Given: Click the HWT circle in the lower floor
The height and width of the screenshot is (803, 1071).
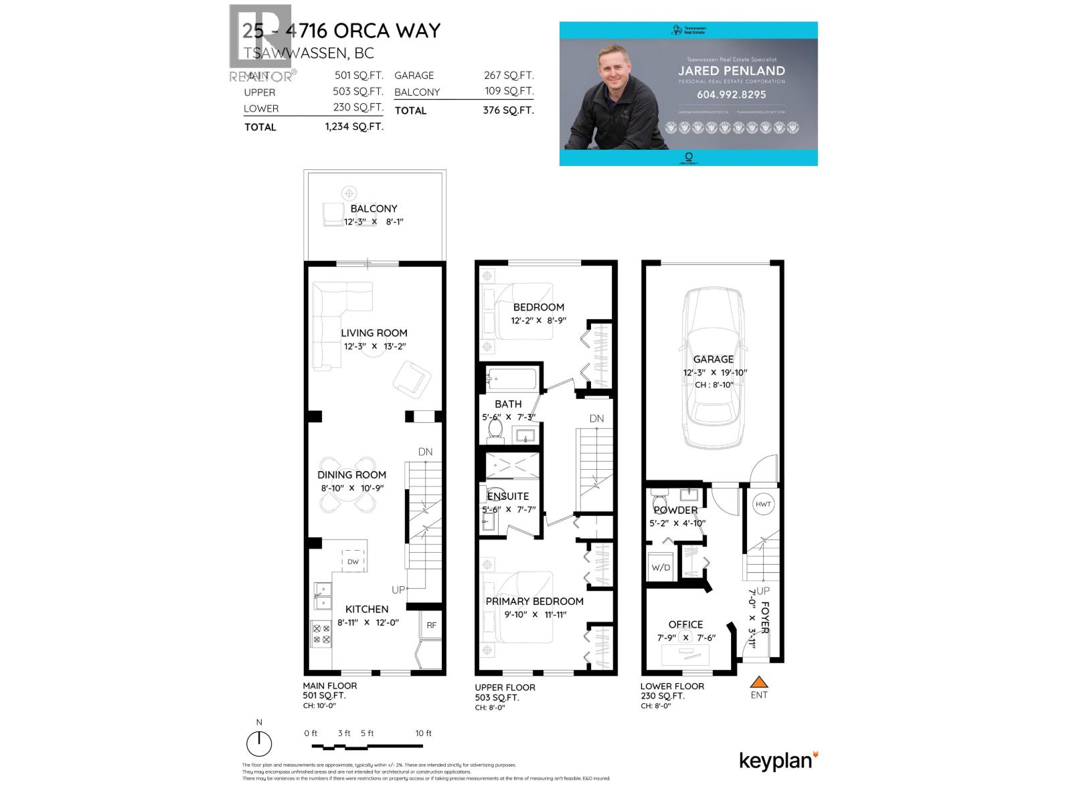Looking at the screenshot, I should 763,504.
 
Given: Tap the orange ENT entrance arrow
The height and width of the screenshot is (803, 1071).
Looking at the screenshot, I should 758,683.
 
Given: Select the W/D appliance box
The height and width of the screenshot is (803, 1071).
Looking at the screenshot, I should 661,567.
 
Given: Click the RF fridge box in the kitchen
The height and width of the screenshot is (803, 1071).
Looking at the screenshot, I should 432,625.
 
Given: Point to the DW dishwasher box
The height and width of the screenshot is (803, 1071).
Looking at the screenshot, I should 353,561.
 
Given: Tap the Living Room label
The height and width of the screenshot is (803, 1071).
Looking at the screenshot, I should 374,333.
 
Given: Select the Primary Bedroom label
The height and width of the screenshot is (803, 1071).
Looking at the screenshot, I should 534,601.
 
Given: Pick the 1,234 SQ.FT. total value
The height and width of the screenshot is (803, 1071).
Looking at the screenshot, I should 354,126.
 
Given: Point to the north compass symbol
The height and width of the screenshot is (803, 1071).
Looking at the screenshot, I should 259,743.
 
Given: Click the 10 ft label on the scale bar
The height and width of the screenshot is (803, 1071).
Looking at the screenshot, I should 423,733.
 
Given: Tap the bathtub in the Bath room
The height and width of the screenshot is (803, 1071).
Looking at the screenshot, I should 511,380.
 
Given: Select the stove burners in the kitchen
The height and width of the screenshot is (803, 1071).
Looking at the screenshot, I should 321,634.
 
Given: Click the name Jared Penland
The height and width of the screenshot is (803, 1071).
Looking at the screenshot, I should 731,70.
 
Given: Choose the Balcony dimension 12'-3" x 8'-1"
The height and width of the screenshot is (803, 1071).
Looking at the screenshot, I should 374,221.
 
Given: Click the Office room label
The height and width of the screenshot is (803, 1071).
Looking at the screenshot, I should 685,624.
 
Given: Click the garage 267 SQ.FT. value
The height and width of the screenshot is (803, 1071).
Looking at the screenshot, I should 509,76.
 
